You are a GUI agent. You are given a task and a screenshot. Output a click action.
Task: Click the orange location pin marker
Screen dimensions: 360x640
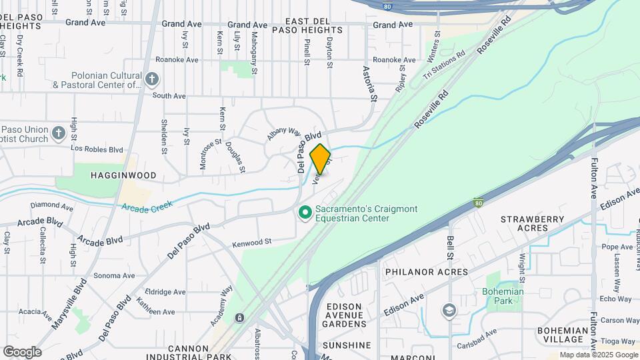(321, 159)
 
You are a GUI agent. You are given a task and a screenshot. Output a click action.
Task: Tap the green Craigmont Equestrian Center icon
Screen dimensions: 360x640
(305, 213)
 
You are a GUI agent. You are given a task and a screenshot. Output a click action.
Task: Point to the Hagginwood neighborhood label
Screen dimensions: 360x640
(124, 175)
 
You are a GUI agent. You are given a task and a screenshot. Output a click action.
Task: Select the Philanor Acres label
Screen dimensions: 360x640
(427, 272)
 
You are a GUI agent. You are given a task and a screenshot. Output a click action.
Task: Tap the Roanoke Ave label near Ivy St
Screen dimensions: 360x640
(177, 59)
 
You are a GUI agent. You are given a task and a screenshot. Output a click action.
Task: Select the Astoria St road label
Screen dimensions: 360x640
(369, 83)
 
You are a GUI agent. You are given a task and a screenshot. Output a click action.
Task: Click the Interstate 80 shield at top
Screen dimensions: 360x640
(387, 6)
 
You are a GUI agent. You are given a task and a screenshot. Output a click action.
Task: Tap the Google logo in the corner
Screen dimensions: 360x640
(22, 351)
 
